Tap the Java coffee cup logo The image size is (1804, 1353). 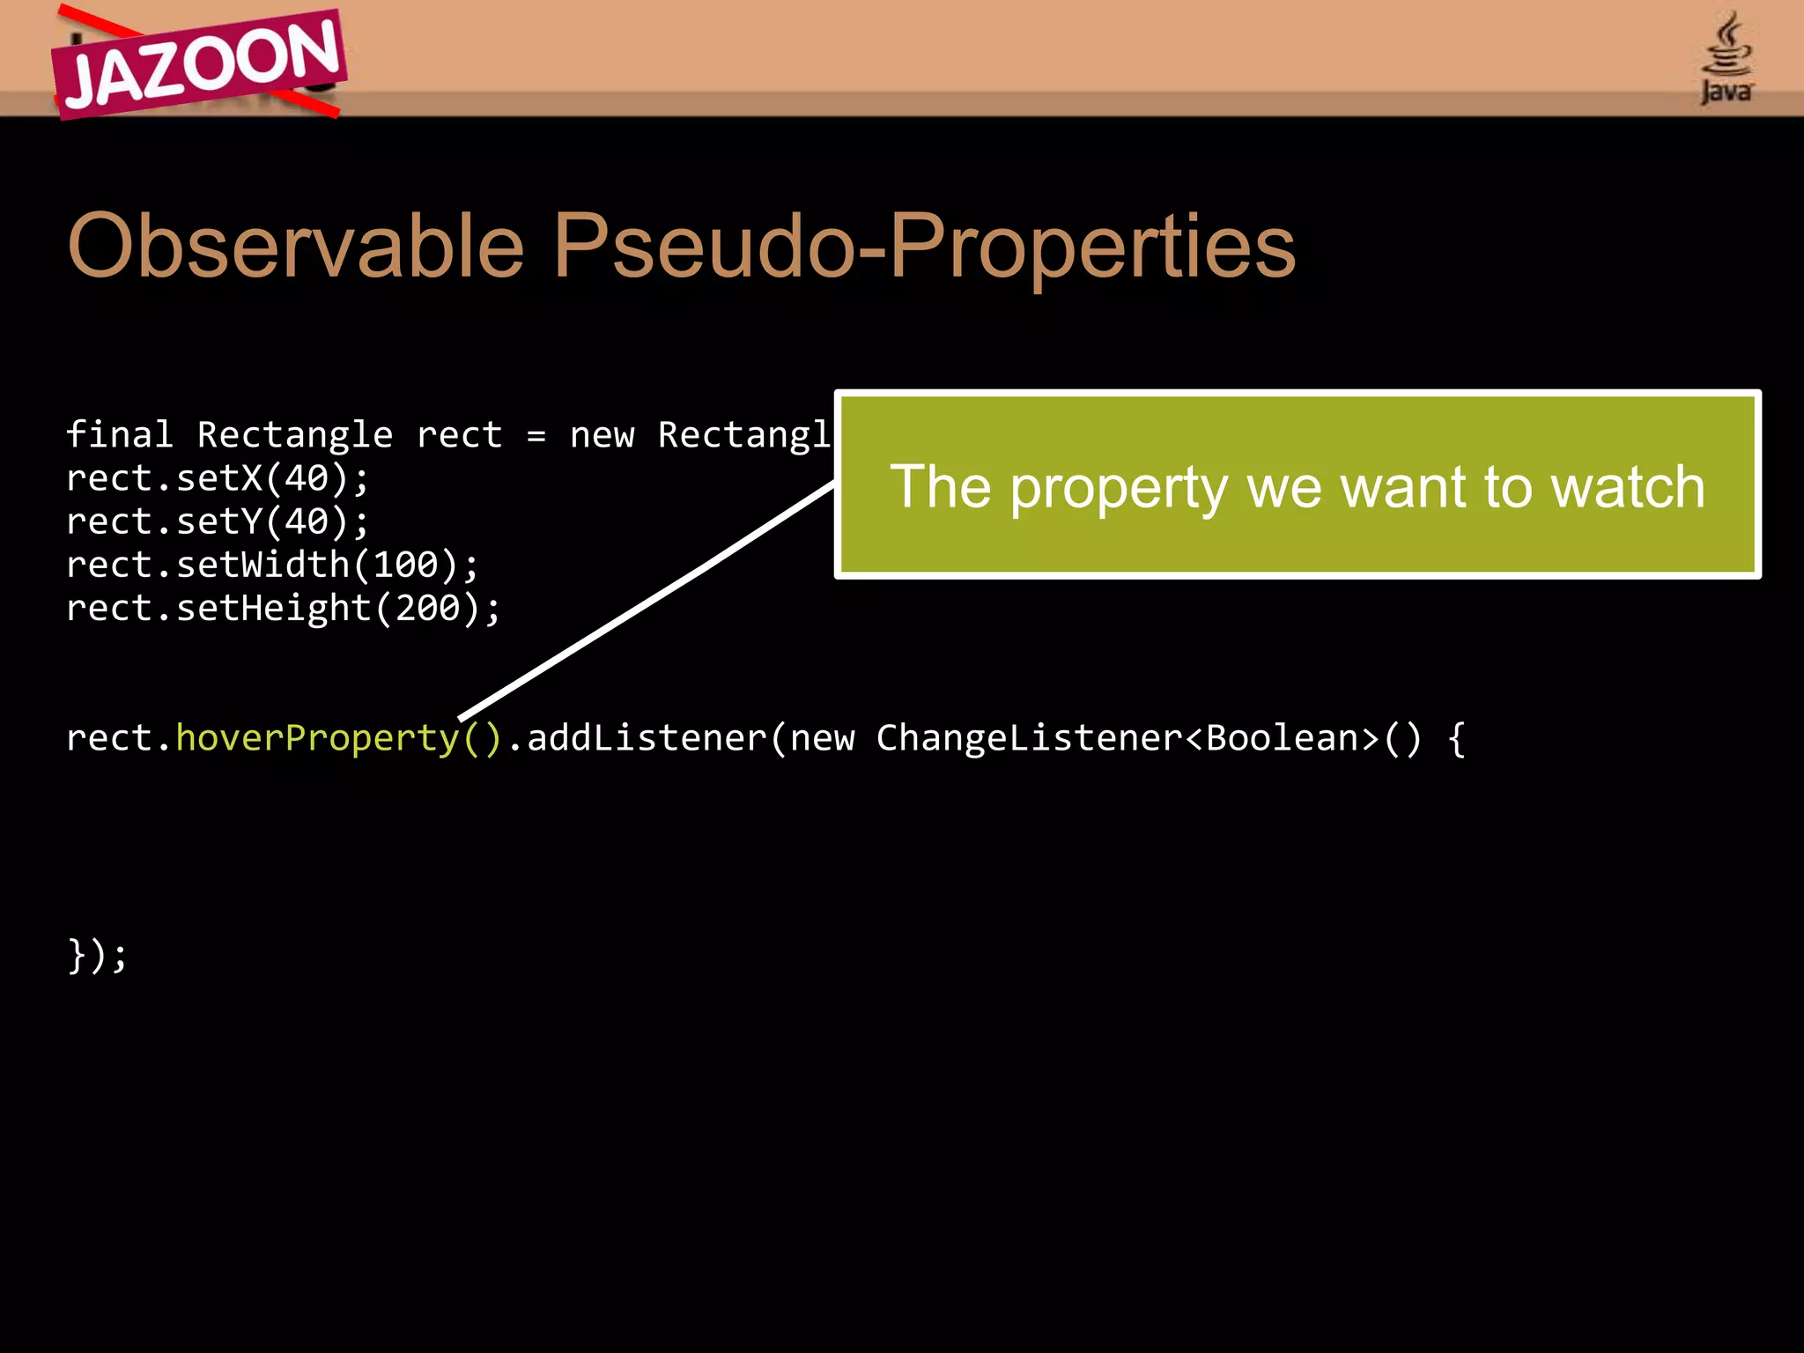(1726, 58)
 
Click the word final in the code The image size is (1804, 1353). (120, 434)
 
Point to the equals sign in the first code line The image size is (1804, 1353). (536, 436)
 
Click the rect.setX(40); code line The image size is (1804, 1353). (218, 478)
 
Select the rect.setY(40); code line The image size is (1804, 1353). (218, 521)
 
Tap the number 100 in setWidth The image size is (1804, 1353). (405, 565)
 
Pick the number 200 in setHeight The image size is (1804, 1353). (427, 608)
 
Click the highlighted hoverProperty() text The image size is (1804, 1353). (338, 738)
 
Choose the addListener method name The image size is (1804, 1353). (647, 738)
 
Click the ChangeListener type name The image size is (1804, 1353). (1029, 738)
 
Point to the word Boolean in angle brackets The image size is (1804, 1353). (1282, 738)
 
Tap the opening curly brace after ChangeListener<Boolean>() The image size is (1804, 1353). (1457, 738)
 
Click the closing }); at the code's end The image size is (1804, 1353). (97, 955)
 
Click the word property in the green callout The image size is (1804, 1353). (1119, 488)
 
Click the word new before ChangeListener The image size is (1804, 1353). (822, 738)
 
